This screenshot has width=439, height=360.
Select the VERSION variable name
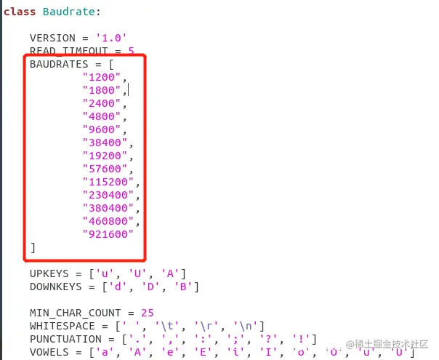tap(53, 38)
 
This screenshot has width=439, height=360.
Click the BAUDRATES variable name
tap(60, 64)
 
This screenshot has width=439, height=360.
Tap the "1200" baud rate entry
tap(102, 77)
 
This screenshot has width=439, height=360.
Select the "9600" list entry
tap(102, 129)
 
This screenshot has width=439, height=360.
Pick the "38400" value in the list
tap(105, 143)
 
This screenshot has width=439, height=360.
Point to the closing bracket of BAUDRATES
tap(33, 247)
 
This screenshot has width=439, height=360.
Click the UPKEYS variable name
tap(48, 273)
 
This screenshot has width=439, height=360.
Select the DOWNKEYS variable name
tap(54, 287)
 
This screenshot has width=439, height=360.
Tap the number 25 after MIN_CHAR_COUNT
tap(147, 313)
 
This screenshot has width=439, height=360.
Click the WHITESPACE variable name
tap(60, 326)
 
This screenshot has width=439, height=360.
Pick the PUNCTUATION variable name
tap(63, 339)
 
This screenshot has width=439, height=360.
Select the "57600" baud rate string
tap(105, 169)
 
